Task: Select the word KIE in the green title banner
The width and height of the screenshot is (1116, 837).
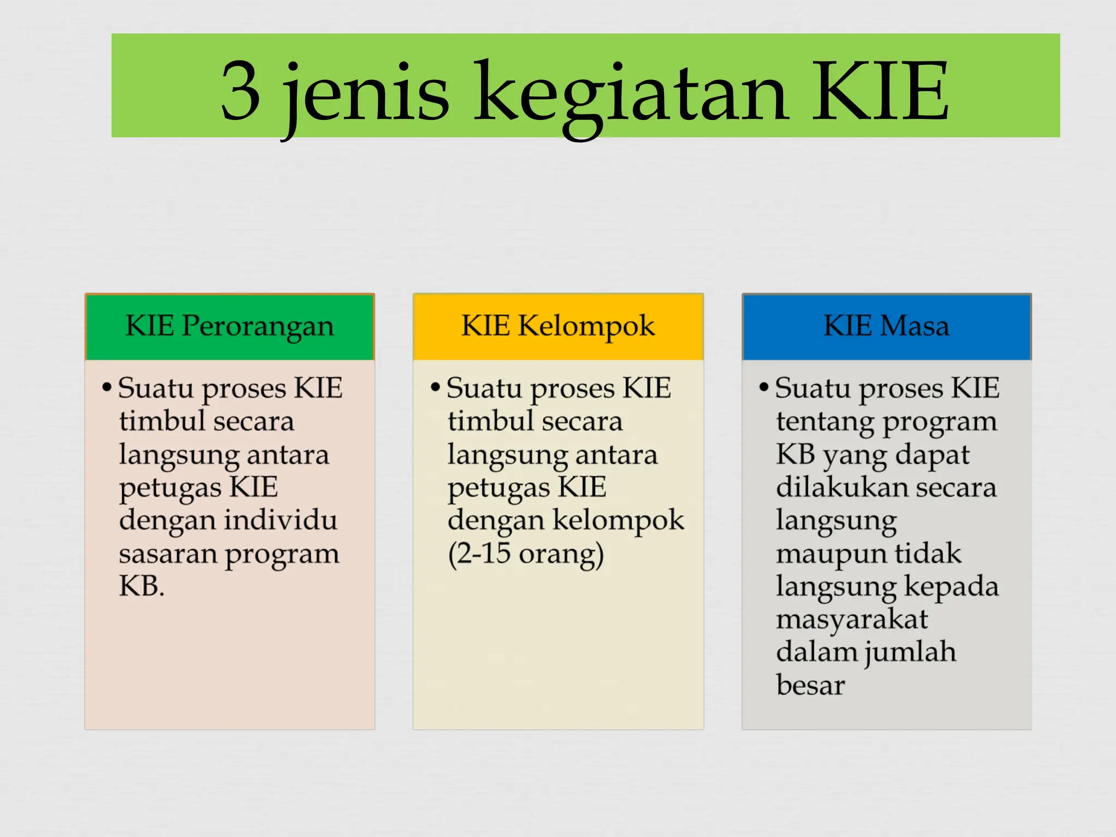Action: [881, 92]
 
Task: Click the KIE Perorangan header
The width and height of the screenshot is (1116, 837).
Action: [229, 326]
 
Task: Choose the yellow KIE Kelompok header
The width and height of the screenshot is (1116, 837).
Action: [558, 326]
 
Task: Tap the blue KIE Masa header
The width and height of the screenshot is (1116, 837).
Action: [887, 326]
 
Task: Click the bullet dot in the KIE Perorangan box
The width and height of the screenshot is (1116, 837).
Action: [107, 388]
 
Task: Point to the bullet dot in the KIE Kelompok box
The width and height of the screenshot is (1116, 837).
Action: [435, 388]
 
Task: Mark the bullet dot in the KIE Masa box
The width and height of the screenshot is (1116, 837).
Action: [764, 388]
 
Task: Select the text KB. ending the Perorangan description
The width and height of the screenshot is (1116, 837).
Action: [142, 586]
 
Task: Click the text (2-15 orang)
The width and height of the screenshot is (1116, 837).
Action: [526, 554]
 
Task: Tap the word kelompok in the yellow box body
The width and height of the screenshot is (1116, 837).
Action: [618, 520]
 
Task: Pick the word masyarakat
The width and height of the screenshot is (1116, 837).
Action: [852, 620]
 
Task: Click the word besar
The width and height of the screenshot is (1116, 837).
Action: [810, 686]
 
